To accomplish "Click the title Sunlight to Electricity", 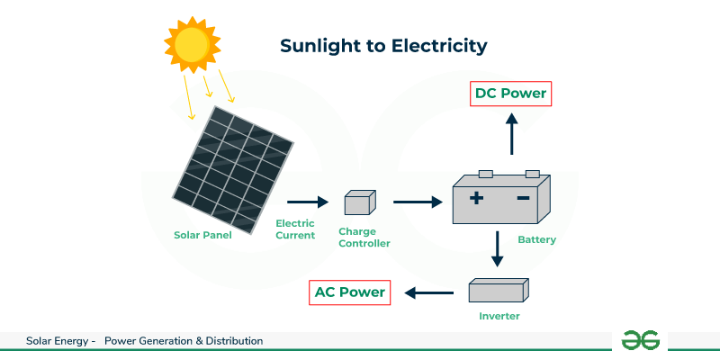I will pyautogui.click(x=383, y=45).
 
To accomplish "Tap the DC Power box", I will pyautogui.click(x=510, y=93).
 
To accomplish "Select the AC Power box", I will pyautogui.click(x=348, y=292).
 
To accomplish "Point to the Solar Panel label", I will pyautogui.click(x=202, y=236).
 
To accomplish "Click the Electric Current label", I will pyautogui.click(x=295, y=229).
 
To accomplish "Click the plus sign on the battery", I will pyautogui.click(x=476, y=198).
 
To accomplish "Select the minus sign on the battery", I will pyautogui.click(x=522, y=198).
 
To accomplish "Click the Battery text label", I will pyautogui.click(x=536, y=240).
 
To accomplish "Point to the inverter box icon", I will pyautogui.click(x=498, y=290).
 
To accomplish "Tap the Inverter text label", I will pyautogui.click(x=499, y=316).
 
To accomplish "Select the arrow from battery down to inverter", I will pyautogui.click(x=497, y=249).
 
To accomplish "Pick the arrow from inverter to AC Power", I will pyautogui.click(x=428, y=292).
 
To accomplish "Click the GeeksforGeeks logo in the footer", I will pyautogui.click(x=641, y=339).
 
